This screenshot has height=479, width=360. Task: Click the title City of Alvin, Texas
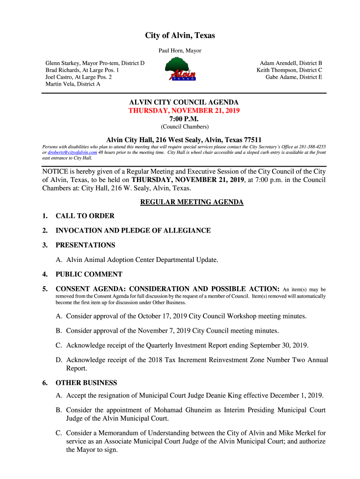[180, 36]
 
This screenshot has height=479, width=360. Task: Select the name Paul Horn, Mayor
[180, 51]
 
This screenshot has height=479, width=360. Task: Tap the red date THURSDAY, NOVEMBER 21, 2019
[184, 111]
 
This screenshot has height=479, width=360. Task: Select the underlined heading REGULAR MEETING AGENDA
[192, 202]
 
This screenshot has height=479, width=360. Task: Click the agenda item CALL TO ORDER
[85, 216]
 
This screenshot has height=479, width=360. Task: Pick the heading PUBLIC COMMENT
[89, 275]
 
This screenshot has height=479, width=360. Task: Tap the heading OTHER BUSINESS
[86, 383]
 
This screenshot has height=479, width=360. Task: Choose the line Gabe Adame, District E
[294, 77]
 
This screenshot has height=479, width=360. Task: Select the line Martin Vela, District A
[72, 84]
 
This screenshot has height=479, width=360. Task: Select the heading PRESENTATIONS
[85, 245]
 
